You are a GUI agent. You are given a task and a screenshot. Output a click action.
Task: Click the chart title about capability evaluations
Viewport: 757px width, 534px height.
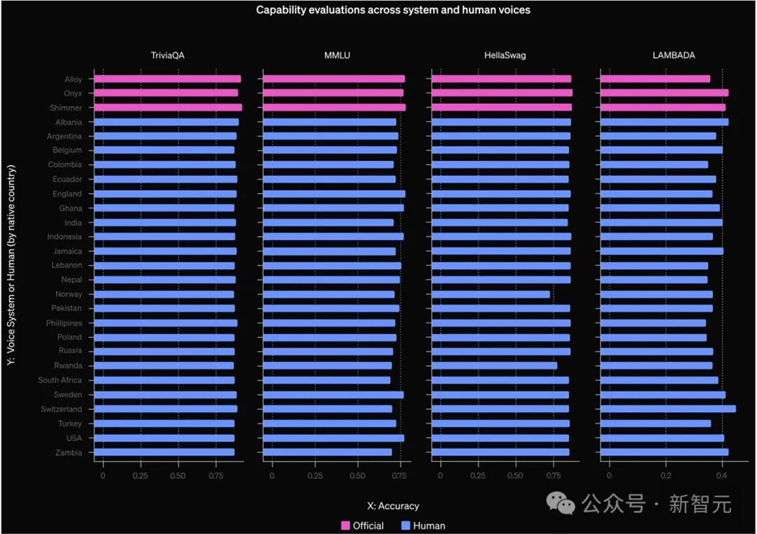(393, 10)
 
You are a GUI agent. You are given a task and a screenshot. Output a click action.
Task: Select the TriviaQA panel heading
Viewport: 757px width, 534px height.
(167, 55)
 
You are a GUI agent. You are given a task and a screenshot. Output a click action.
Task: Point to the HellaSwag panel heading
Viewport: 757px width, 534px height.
(506, 55)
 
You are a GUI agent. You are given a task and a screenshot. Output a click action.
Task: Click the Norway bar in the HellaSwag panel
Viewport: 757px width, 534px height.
(491, 294)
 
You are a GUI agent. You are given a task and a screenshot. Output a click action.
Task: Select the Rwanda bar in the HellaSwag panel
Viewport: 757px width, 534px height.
(495, 366)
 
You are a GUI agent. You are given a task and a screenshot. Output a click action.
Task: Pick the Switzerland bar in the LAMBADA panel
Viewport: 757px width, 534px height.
(668, 409)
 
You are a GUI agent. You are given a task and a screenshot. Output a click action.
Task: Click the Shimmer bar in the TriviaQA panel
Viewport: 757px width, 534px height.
(168, 108)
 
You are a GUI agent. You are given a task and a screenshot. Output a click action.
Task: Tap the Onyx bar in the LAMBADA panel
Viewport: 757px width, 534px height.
(665, 93)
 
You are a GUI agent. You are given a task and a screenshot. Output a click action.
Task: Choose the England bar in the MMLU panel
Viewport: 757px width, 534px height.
(335, 194)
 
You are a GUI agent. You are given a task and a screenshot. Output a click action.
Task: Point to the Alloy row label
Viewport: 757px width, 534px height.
(73, 79)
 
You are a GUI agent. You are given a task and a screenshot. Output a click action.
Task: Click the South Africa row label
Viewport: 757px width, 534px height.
(61, 380)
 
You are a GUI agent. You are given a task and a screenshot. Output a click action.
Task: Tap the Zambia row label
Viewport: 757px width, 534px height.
(70, 452)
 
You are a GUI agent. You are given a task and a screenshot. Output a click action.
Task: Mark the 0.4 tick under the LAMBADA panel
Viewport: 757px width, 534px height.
(721, 476)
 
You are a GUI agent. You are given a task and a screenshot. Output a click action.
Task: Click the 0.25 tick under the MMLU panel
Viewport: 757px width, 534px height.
(315, 476)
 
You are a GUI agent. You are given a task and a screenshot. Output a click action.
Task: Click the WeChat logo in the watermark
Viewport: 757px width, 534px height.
(561, 502)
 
